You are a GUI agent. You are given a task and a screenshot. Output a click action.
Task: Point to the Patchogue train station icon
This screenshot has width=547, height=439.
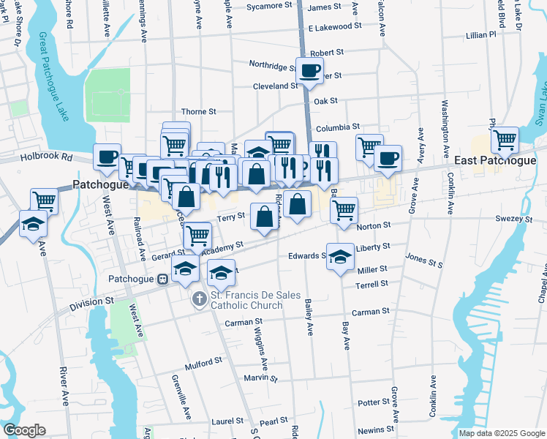tap(162, 279)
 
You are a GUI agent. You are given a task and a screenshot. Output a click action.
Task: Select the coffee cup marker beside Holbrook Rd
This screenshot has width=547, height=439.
tap(107, 157)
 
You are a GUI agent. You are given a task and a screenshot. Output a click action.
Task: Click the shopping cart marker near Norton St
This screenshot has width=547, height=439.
tap(344, 210)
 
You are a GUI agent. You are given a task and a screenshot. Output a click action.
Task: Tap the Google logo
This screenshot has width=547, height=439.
tap(24, 430)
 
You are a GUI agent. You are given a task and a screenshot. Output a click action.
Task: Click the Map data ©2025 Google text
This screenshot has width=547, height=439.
tap(501, 433)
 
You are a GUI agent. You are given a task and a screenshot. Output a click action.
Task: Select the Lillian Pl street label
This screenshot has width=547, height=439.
tap(480, 34)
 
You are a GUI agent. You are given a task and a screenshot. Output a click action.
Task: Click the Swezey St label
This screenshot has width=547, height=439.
tap(515, 219)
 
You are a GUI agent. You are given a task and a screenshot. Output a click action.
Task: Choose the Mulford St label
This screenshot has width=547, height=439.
tap(203, 361)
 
